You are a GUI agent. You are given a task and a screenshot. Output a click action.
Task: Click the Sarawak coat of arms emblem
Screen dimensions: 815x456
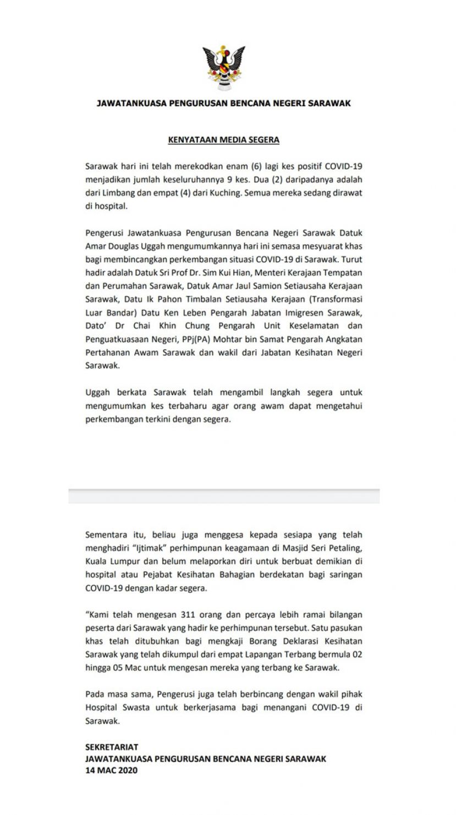223,68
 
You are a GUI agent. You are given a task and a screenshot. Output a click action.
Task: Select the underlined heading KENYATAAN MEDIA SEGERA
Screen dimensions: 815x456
223,140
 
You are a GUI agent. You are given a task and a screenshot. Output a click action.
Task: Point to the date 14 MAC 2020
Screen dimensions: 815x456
112,770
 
